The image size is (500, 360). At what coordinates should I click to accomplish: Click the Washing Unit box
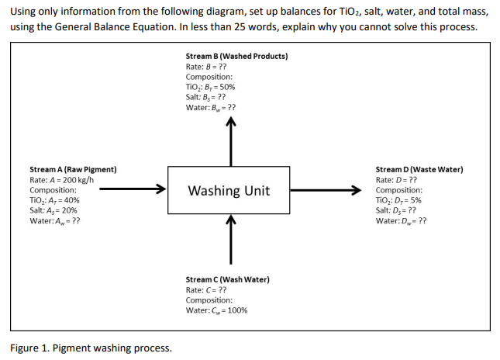coord(229,190)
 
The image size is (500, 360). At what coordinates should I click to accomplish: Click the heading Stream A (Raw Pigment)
coord(73,169)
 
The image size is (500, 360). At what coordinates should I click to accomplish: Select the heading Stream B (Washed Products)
coord(236,57)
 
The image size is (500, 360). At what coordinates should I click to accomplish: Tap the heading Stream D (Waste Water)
coord(419,169)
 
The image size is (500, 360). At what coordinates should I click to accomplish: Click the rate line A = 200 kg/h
coord(61,180)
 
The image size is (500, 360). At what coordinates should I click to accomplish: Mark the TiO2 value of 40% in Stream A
coord(53,200)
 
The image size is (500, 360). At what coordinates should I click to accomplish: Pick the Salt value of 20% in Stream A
coord(53,210)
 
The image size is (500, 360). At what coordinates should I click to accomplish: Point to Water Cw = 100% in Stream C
coord(216,310)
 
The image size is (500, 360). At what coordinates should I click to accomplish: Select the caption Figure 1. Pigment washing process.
coord(91,348)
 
